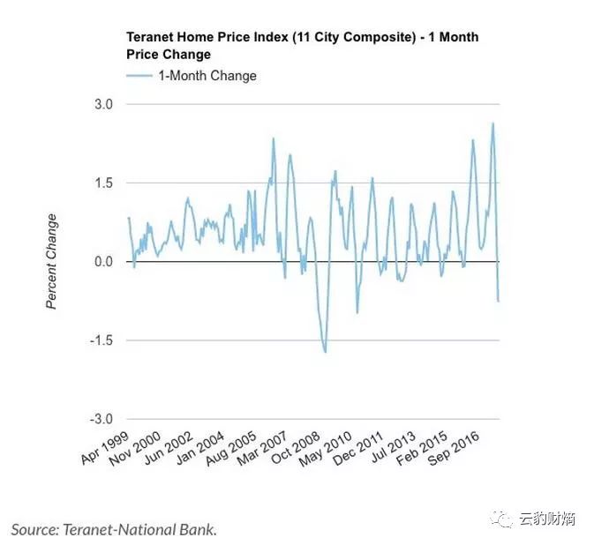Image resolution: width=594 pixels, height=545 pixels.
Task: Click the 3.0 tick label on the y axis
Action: point(104,104)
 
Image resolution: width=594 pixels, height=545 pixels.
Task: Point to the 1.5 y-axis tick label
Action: point(104,183)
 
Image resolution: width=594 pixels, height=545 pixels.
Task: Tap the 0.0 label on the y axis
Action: point(104,262)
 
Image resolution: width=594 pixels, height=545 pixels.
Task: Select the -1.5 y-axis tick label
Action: point(102,340)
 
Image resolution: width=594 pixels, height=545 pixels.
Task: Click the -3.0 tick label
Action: point(102,420)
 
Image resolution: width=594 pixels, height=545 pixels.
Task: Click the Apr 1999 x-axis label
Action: point(105,448)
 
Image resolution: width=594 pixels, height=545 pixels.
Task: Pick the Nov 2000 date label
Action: point(135,449)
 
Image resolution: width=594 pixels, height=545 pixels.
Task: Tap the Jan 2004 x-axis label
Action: point(200,448)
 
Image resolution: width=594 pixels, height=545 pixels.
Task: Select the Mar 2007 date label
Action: point(262,449)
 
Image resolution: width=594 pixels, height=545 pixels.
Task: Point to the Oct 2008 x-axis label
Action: point(296,448)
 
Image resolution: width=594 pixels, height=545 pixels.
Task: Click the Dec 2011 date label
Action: point(358,449)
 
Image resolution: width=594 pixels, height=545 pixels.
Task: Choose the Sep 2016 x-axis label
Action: point(454,449)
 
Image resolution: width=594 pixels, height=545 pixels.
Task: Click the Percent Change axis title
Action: point(51,262)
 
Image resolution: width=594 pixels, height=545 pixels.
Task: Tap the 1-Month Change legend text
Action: point(207,76)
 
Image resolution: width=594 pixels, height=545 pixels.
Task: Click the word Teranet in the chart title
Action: point(150,37)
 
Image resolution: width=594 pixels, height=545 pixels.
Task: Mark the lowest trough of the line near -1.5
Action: point(326,353)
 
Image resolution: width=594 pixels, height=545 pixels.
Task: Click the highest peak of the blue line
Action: point(492,123)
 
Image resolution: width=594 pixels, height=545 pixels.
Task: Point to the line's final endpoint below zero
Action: point(499,302)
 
